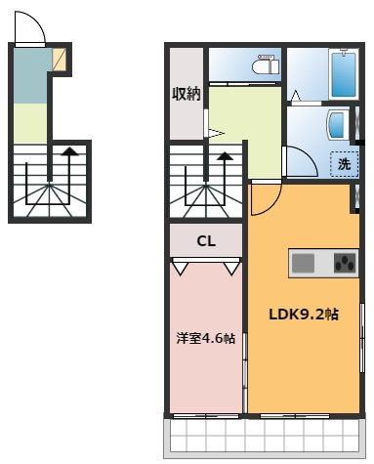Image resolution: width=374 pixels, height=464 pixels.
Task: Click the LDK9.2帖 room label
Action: tap(304, 315)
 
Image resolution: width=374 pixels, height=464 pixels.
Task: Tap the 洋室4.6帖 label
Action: tap(206, 338)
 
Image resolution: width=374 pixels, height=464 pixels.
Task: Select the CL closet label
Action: tap(206, 241)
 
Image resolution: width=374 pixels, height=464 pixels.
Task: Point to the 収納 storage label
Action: tap(187, 94)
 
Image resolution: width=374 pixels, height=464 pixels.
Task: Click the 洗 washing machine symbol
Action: tap(344, 164)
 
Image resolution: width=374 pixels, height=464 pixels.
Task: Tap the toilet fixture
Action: tap(266, 64)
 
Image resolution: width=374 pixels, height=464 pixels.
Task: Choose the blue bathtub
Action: tap(344, 74)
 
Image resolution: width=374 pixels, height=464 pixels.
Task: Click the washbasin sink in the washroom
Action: tap(337, 125)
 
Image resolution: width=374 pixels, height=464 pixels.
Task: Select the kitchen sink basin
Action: tap(303, 263)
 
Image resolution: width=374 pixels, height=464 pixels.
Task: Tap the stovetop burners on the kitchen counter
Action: tap(346, 263)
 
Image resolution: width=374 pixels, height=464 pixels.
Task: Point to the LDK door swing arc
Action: tap(271, 204)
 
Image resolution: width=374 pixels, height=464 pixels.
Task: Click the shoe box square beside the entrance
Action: tap(60, 59)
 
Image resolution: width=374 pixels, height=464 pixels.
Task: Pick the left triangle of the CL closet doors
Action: tap(180, 269)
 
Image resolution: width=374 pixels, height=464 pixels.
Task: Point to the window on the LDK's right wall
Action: tap(362, 338)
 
